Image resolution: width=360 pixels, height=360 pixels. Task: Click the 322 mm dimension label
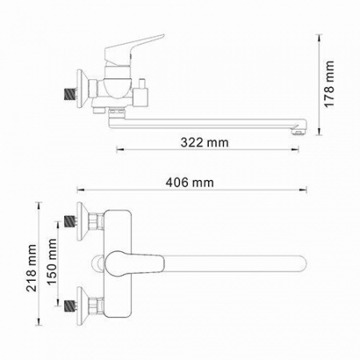coord(205,142)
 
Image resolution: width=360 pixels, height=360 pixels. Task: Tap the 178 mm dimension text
coord(329,84)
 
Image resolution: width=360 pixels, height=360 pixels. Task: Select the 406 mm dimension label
coord(190,182)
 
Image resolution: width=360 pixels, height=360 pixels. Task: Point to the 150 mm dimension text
coord(52,262)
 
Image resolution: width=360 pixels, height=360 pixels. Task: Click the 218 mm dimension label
coord(31,268)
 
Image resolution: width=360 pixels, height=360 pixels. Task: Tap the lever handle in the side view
coord(134,50)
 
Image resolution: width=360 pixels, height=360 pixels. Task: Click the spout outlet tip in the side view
coord(299,131)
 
